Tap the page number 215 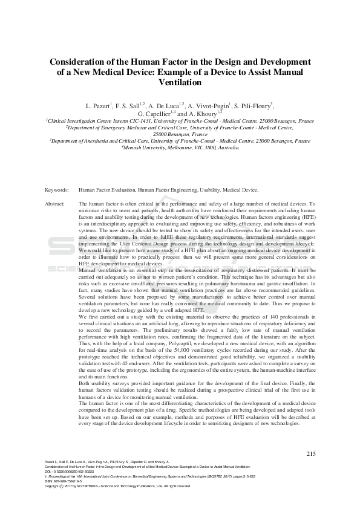[x=311, y=453]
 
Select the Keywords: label [x=56, y=190]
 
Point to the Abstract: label [x=55, y=204]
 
